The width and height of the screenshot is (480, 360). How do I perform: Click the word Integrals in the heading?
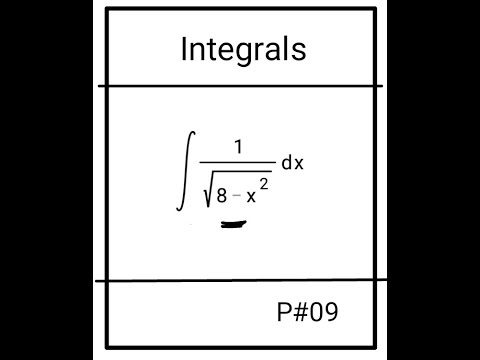click(x=243, y=49)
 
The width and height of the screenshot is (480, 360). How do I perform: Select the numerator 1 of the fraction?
click(x=238, y=147)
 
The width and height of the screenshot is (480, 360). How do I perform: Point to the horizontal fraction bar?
click(x=238, y=162)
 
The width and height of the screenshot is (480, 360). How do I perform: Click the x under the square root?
click(x=254, y=195)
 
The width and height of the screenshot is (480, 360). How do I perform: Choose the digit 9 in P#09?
click(x=331, y=313)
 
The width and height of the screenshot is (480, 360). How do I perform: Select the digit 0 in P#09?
click(x=317, y=313)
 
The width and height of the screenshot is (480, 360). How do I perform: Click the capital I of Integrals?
click(x=184, y=49)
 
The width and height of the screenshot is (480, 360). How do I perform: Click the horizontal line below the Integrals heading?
click(x=240, y=86)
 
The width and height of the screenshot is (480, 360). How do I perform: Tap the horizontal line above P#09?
click(x=240, y=281)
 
